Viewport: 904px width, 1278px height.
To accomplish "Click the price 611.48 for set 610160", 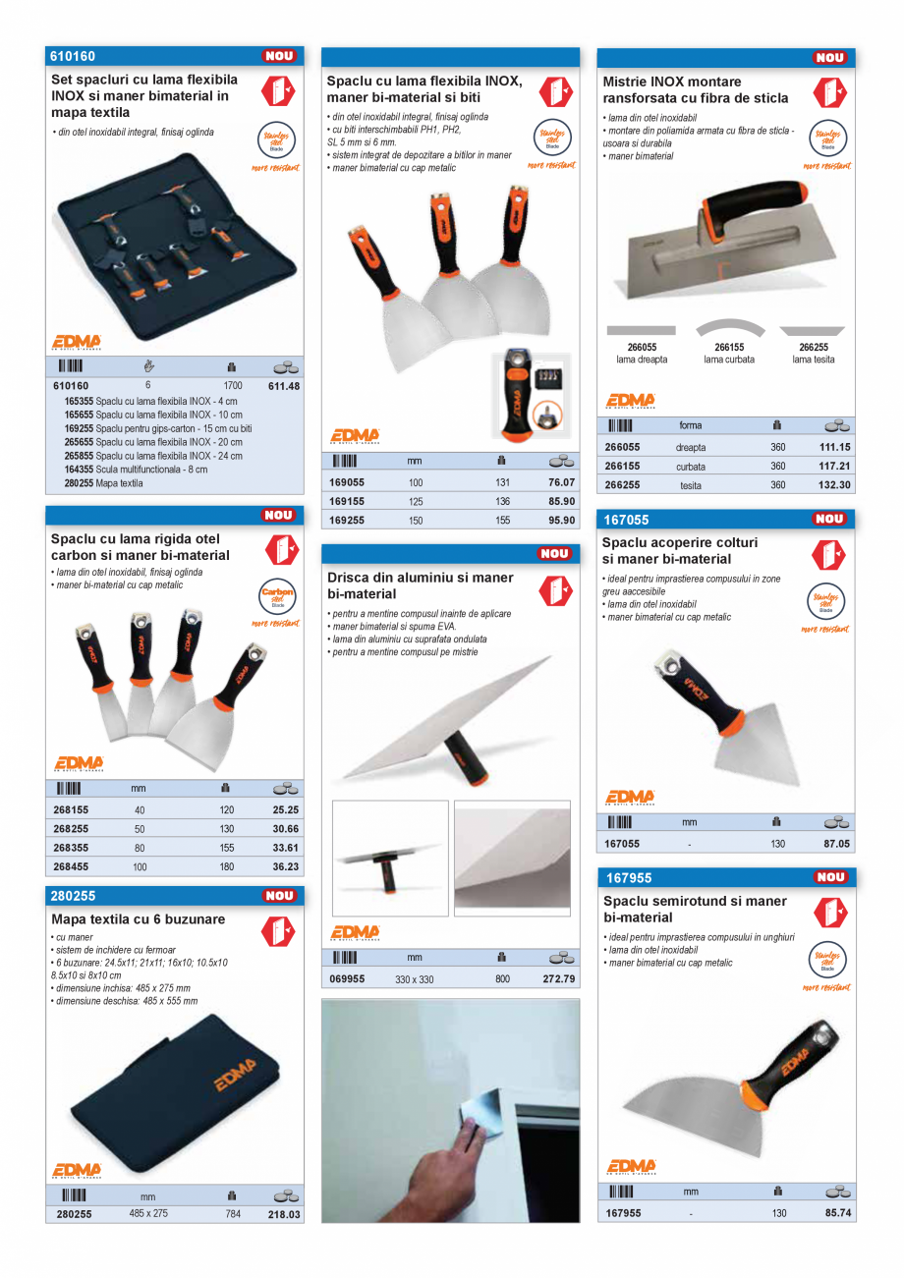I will (x=283, y=386).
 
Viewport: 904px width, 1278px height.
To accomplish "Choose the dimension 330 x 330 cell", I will (x=416, y=979).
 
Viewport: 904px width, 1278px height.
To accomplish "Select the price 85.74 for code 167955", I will (x=837, y=1213).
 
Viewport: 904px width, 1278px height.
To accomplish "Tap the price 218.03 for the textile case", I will (x=284, y=1214).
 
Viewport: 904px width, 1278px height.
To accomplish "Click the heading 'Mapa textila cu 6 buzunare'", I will (x=139, y=919).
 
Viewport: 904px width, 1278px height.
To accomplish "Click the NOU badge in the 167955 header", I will (x=830, y=877).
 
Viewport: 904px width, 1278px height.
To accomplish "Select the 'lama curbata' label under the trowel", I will (x=729, y=360).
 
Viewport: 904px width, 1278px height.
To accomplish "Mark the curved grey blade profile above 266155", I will (x=729, y=328).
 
